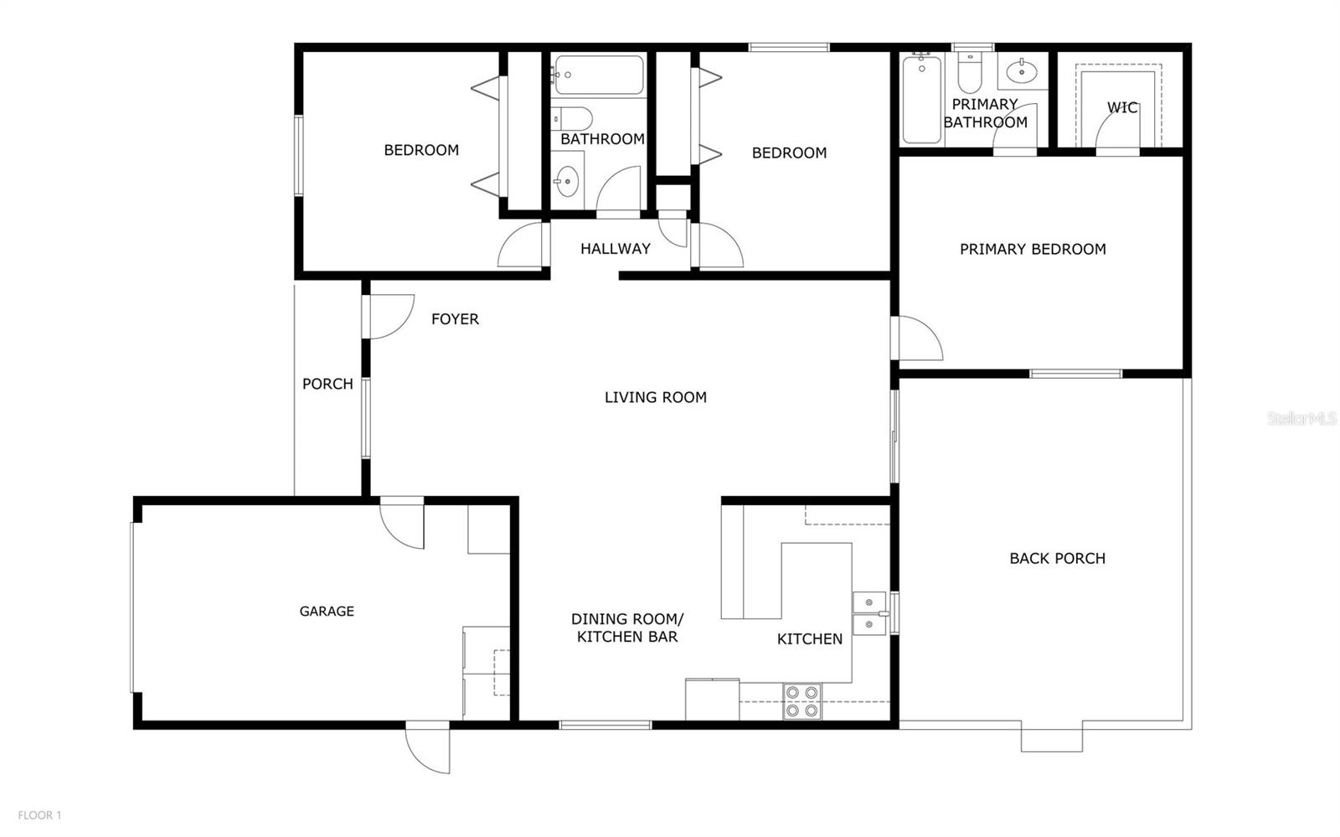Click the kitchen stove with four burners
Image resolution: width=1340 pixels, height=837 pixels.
(x=801, y=701)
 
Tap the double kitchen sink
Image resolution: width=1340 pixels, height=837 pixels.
(x=870, y=613)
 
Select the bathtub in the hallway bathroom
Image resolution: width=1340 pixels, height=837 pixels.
(x=598, y=75)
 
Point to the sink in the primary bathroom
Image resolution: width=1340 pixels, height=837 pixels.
(x=1021, y=72)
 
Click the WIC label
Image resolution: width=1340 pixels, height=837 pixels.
(x=1122, y=107)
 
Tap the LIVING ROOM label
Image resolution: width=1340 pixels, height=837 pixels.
(x=655, y=397)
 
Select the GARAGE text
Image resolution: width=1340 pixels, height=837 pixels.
(x=327, y=611)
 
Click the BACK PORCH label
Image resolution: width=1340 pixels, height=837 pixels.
(x=1057, y=558)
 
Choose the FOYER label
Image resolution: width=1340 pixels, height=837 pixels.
(x=455, y=318)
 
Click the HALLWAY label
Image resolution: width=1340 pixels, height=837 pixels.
(x=615, y=248)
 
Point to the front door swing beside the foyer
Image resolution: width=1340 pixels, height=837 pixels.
(x=389, y=316)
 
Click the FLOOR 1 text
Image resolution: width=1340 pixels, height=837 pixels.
(x=39, y=814)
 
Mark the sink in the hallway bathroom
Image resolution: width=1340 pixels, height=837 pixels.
(x=567, y=180)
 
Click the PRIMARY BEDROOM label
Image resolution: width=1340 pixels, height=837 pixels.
(x=1032, y=249)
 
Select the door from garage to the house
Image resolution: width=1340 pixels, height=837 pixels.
(x=403, y=523)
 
